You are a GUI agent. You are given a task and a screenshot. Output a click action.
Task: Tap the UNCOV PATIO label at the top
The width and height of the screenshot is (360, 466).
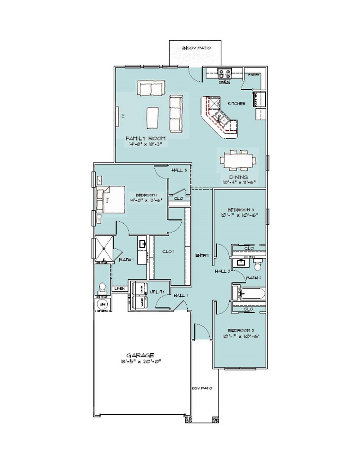[197, 48]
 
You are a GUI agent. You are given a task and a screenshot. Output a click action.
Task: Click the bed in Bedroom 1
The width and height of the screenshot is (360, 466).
[111, 199]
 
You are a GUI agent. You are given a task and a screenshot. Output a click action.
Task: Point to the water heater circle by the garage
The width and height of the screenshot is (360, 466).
[102, 305]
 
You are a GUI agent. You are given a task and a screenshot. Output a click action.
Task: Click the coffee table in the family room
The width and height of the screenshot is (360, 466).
[153, 117]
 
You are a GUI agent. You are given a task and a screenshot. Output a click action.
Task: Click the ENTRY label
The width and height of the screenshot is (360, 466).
[202, 255]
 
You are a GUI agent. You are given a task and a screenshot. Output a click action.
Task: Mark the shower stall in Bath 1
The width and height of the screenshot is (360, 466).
[104, 248]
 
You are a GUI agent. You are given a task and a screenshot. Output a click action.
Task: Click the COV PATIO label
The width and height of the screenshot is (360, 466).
[202, 388]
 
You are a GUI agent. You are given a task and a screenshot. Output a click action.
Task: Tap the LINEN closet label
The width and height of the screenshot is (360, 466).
[119, 288]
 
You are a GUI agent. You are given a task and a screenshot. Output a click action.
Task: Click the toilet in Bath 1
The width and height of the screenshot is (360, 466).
[102, 287]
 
